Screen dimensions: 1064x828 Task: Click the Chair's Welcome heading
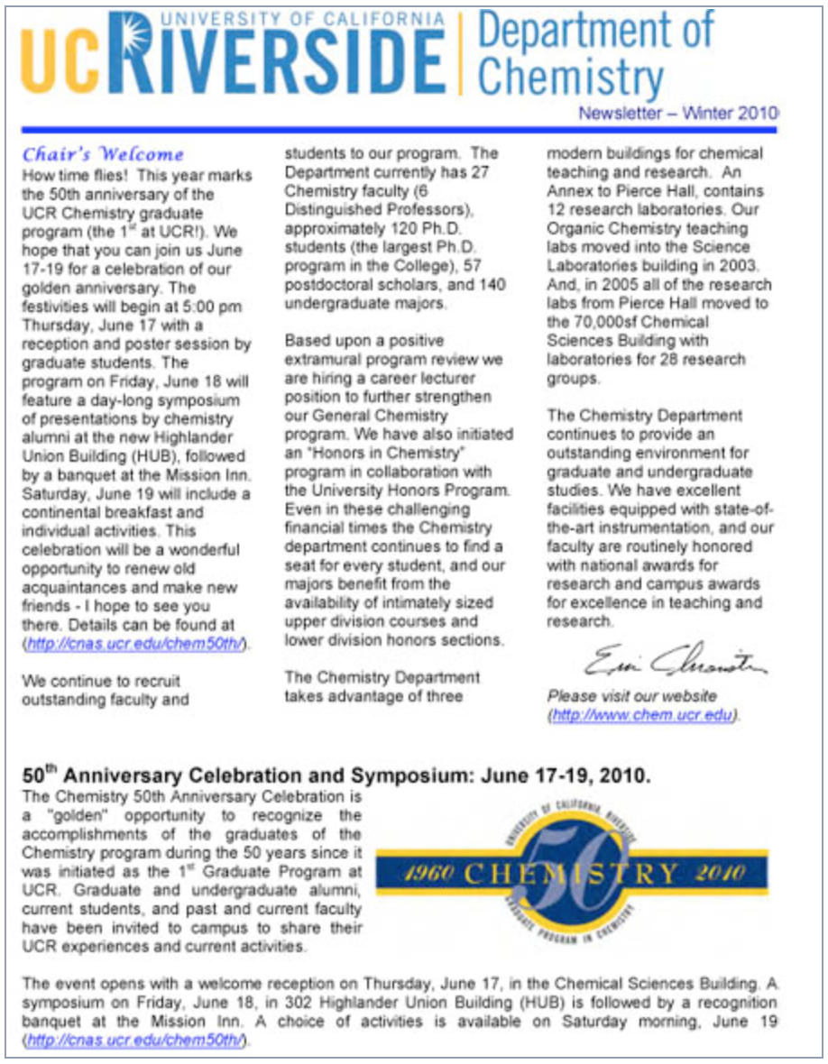click(103, 154)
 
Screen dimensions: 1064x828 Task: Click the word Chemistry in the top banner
click(570, 78)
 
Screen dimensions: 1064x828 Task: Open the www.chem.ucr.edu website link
click(643, 715)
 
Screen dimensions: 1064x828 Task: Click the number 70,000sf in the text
click(596, 322)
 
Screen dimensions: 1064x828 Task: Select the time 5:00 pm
click(211, 306)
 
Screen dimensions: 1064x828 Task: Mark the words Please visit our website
click(632, 696)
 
